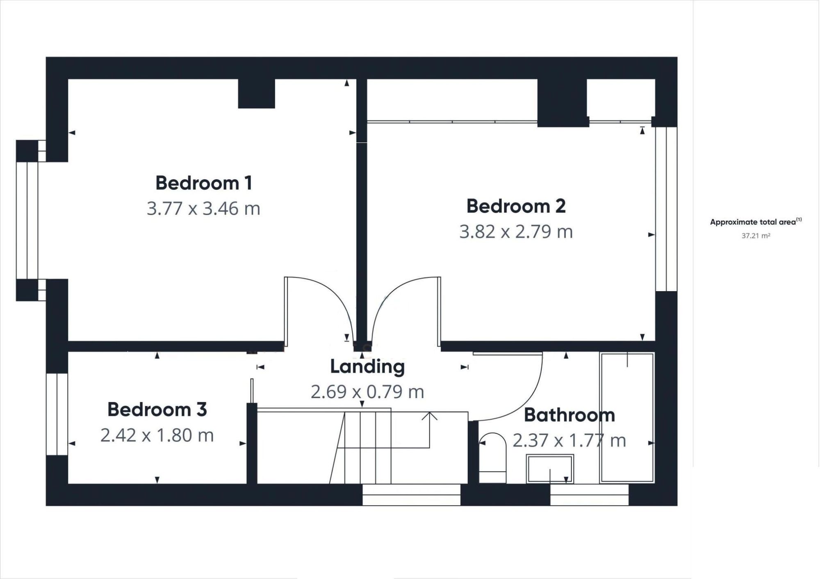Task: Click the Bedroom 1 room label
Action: coord(204,183)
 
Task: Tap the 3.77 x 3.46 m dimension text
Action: coord(204,208)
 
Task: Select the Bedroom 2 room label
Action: coord(516,206)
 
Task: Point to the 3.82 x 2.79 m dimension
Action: coord(516,232)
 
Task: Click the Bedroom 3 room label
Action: coord(157,409)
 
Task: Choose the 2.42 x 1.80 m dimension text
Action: coord(157,435)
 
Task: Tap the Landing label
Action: coord(367,367)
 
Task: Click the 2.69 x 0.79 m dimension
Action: coord(367,392)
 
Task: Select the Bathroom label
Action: coord(569,415)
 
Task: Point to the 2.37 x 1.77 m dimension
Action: coord(569,441)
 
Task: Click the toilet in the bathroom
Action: coord(493,458)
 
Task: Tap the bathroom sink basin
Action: coord(550,469)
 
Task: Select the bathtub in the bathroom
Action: coord(627,417)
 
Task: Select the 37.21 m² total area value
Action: coord(756,236)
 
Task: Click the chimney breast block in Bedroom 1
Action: coord(256,93)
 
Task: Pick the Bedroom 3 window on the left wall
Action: coord(57,414)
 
